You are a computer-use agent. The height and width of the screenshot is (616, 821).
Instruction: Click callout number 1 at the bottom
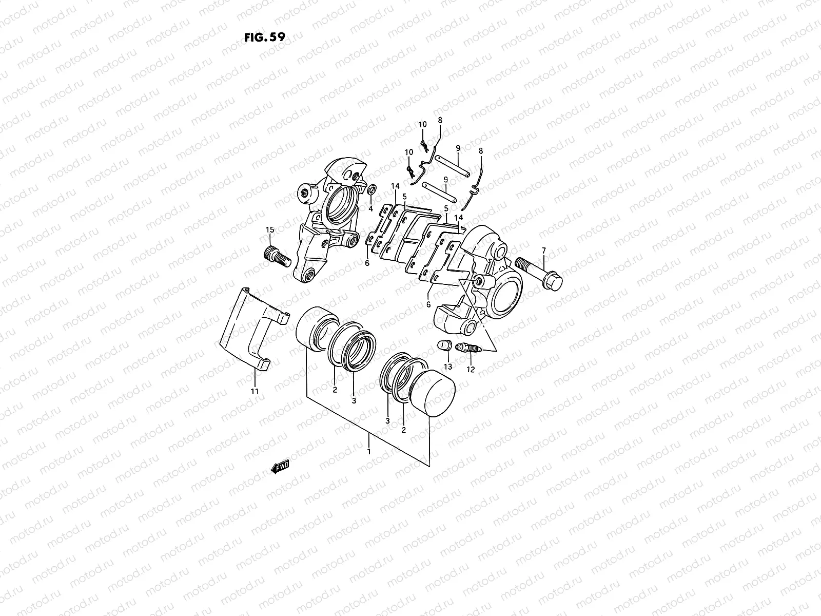click(368, 451)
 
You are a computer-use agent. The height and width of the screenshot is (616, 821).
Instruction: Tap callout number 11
click(255, 391)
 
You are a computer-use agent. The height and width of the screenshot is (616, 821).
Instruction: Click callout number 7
click(543, 250)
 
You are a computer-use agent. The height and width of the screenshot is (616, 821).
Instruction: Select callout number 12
click(471, 369)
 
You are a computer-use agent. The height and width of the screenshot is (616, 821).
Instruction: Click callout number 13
click(447, 366)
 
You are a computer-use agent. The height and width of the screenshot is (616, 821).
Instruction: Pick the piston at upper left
click(314, 329)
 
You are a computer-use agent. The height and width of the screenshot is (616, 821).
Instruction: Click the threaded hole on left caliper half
click(308, 194)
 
